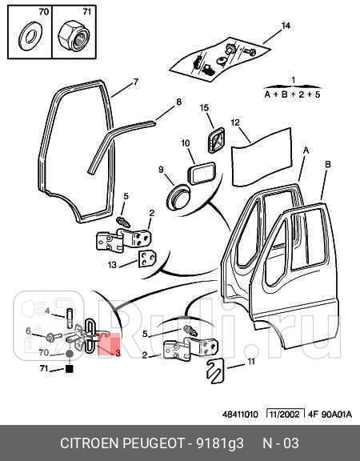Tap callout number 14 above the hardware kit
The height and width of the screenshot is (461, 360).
coord(286,26)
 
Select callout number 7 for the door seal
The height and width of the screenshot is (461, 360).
coord(135,82)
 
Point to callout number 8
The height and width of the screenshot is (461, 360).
coord(178,102)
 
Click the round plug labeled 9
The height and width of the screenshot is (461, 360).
coord(178,197)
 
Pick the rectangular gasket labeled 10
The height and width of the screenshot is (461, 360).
coord(202,173)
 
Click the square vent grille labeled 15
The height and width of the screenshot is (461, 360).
coord(216,140)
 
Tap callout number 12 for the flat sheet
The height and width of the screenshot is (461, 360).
coord(235,122)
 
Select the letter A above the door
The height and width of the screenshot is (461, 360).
coord(306,150)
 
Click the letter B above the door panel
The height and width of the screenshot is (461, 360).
coord(328,164)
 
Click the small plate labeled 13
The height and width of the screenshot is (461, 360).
coord(147,259)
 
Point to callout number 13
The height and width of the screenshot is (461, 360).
coord(112,265)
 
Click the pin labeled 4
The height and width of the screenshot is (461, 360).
coord(70,318)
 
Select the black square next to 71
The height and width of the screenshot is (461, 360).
coord(69,369)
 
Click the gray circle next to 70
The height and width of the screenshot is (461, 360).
coord(69,354)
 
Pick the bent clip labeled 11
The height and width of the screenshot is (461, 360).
coord(215,371)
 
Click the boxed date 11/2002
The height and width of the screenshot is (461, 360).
coord(285,415)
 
